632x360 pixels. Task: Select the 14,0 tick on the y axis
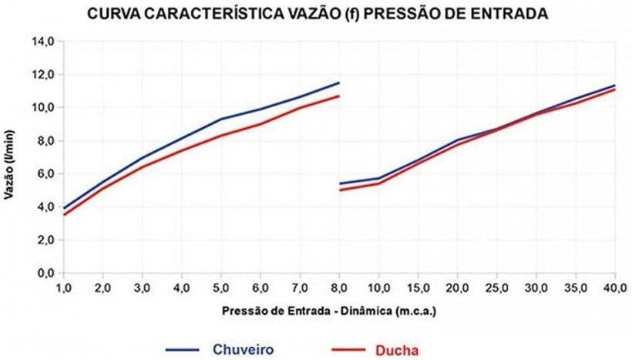(x=42, y=42)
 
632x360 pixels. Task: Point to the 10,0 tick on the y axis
(x=42, y=108)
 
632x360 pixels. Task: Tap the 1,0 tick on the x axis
(x=64, y=288)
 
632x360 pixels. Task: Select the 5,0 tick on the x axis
(x=221, y=288)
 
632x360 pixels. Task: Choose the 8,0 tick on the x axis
(x=339, y=288)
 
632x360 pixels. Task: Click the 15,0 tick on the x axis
(x=418, y=288)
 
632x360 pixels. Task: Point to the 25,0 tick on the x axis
(x=497, y=288)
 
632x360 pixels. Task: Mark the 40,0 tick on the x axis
(x=615, y=288)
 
